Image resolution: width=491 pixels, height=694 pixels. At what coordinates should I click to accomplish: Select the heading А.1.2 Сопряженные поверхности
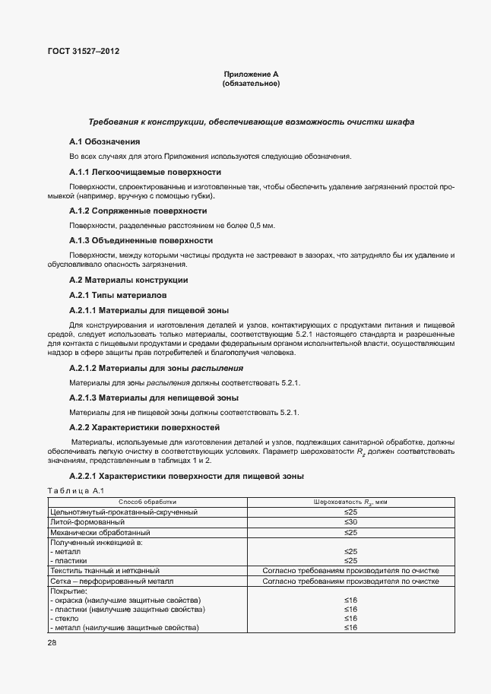[138, 211]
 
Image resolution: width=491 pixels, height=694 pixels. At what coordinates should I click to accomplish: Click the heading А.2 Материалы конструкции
[118, 280]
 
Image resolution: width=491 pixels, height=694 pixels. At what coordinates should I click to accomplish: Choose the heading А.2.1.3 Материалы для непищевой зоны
[154, 398]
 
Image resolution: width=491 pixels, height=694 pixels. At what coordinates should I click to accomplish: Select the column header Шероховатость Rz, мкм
[350, 502]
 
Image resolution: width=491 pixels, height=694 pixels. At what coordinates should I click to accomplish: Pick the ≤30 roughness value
[350, 522]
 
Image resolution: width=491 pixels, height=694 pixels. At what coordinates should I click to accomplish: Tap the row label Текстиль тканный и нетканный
[105, 569]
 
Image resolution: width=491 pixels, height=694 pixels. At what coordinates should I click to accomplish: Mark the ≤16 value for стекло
[350, 618]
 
